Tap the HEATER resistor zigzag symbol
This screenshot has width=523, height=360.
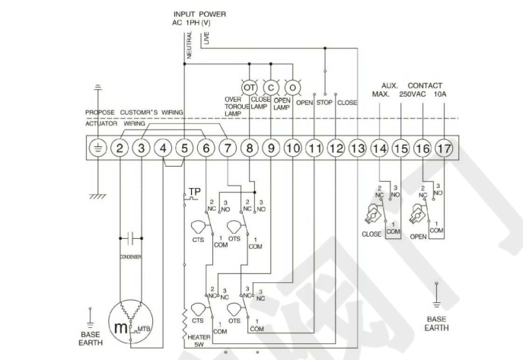pyautogui.click(x=184, y=316)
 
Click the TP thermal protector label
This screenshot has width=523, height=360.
pyautogui.click(x=195, y=190)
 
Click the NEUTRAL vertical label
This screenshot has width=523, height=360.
pyautogui.click(x=189, y=46)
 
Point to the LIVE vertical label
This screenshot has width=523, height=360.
pyautogui.click(x=206, y=38)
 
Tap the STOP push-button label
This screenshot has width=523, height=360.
pyautogui.click(x=326, y=102)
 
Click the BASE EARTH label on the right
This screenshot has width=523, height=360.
pyautogui.click(x=436, y=323)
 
